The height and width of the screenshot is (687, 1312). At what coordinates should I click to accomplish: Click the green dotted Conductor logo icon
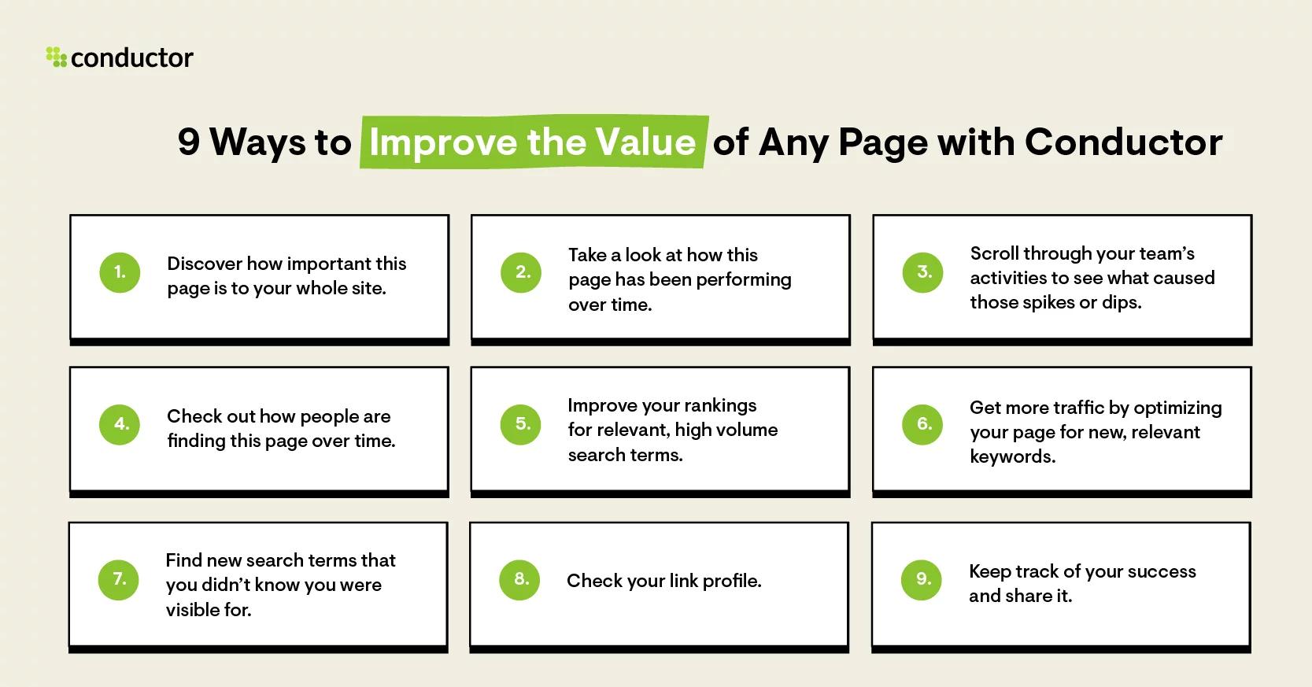(x=56, y=57)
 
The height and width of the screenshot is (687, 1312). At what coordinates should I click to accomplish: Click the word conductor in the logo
(x=131, y=57)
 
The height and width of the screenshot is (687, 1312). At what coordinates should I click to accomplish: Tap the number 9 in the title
(x=189, y=142)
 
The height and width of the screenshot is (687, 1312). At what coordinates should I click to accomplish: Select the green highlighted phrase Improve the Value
(x=533, y=142)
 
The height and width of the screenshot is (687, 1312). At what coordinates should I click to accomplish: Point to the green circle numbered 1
(x=120, y=272)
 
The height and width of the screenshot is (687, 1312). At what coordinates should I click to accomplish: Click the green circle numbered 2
(x=521, y=272)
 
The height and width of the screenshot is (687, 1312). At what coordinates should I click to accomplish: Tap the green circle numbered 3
(x=922, y=272)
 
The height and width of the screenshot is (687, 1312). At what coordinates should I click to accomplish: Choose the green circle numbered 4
(x=120, y=424)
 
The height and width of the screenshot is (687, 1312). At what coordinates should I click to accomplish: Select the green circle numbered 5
(x=521, y=424)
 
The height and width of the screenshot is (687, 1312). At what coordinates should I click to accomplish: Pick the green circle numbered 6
(x=922, y=424)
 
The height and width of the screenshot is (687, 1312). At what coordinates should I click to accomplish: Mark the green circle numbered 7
(x=119, y=579)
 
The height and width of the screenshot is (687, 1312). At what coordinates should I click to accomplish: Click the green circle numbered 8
(x=519, y=579)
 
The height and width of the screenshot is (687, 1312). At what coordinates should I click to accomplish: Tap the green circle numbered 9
(x=922, y=579)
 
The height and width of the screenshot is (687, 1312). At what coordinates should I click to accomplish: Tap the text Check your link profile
(x=663, y=581)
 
